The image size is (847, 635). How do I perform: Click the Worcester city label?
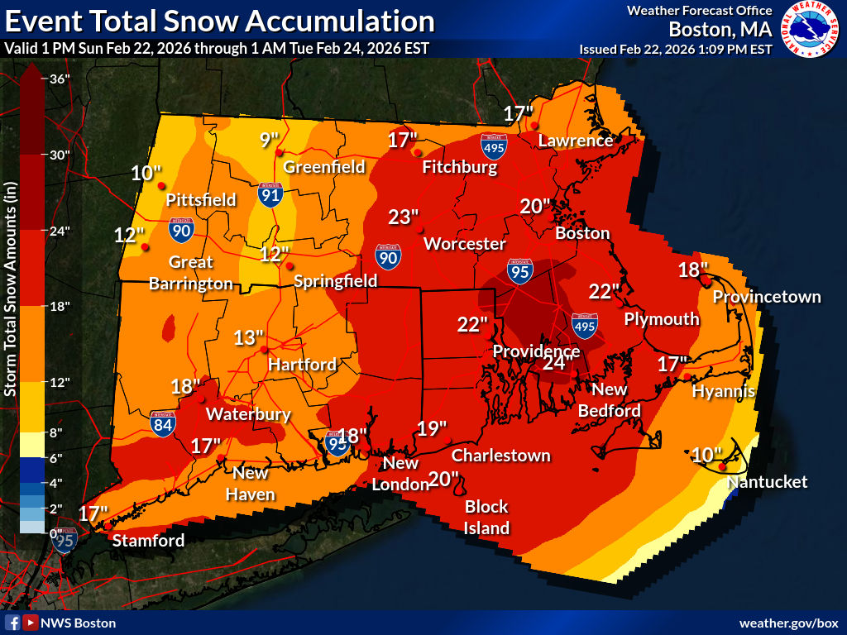click(464, 244)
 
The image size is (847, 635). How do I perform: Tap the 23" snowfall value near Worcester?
click(404, 217)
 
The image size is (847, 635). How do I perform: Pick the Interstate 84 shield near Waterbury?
click(163, 423)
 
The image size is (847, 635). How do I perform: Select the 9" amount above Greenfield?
click(270, 140)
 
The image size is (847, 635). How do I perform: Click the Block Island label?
click(486, 517)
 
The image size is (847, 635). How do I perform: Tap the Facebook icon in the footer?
click(12, 623)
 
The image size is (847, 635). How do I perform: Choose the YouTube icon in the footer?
click(30, 623)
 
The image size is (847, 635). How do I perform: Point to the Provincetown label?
click(767, 297)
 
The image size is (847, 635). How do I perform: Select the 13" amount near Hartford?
click(248, 337)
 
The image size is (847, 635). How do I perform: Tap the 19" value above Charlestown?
click(431, 428)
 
